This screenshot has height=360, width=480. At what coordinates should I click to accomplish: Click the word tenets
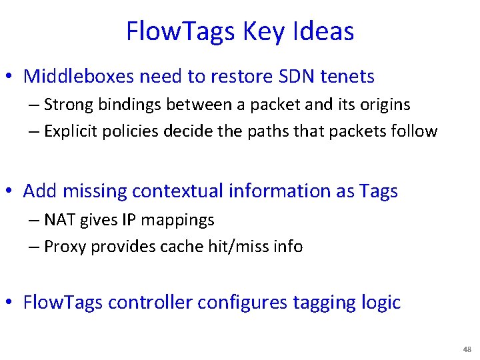(x=347, y=77)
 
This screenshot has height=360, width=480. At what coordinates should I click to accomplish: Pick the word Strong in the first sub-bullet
(x=69, y=105)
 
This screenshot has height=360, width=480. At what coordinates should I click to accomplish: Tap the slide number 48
(x=466, y=349)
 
